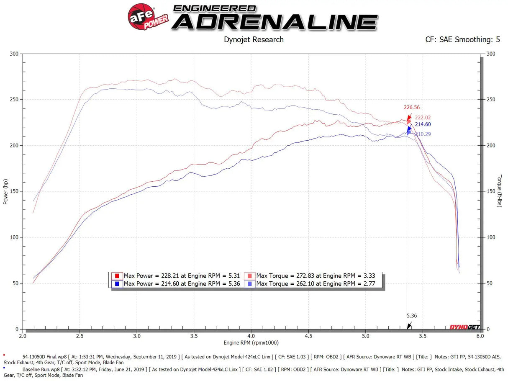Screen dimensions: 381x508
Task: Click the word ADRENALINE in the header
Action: (275, 22)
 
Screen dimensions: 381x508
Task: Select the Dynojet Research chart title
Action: (254, 40)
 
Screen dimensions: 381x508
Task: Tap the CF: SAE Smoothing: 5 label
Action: (462, 40)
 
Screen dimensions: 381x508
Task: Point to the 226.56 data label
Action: (412, 107)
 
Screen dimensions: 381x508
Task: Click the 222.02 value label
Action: (423, 118)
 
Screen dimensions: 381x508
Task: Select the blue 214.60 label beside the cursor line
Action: (423, 124)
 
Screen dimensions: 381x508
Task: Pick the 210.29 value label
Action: (423, 134)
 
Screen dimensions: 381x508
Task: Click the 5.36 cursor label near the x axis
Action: (412, 316)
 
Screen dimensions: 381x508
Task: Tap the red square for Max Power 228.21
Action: (117, 276)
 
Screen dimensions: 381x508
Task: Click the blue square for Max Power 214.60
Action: (117, 284)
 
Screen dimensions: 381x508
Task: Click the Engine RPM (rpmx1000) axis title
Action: (251, 343)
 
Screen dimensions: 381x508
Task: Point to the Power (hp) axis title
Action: (5, 191)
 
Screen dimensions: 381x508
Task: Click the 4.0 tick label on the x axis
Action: (251, 336)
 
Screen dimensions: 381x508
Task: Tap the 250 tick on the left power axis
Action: (15, 100)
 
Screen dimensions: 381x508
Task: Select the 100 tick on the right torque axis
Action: (490, 237)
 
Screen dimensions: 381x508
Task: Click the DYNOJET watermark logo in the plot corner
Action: (464, 327)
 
